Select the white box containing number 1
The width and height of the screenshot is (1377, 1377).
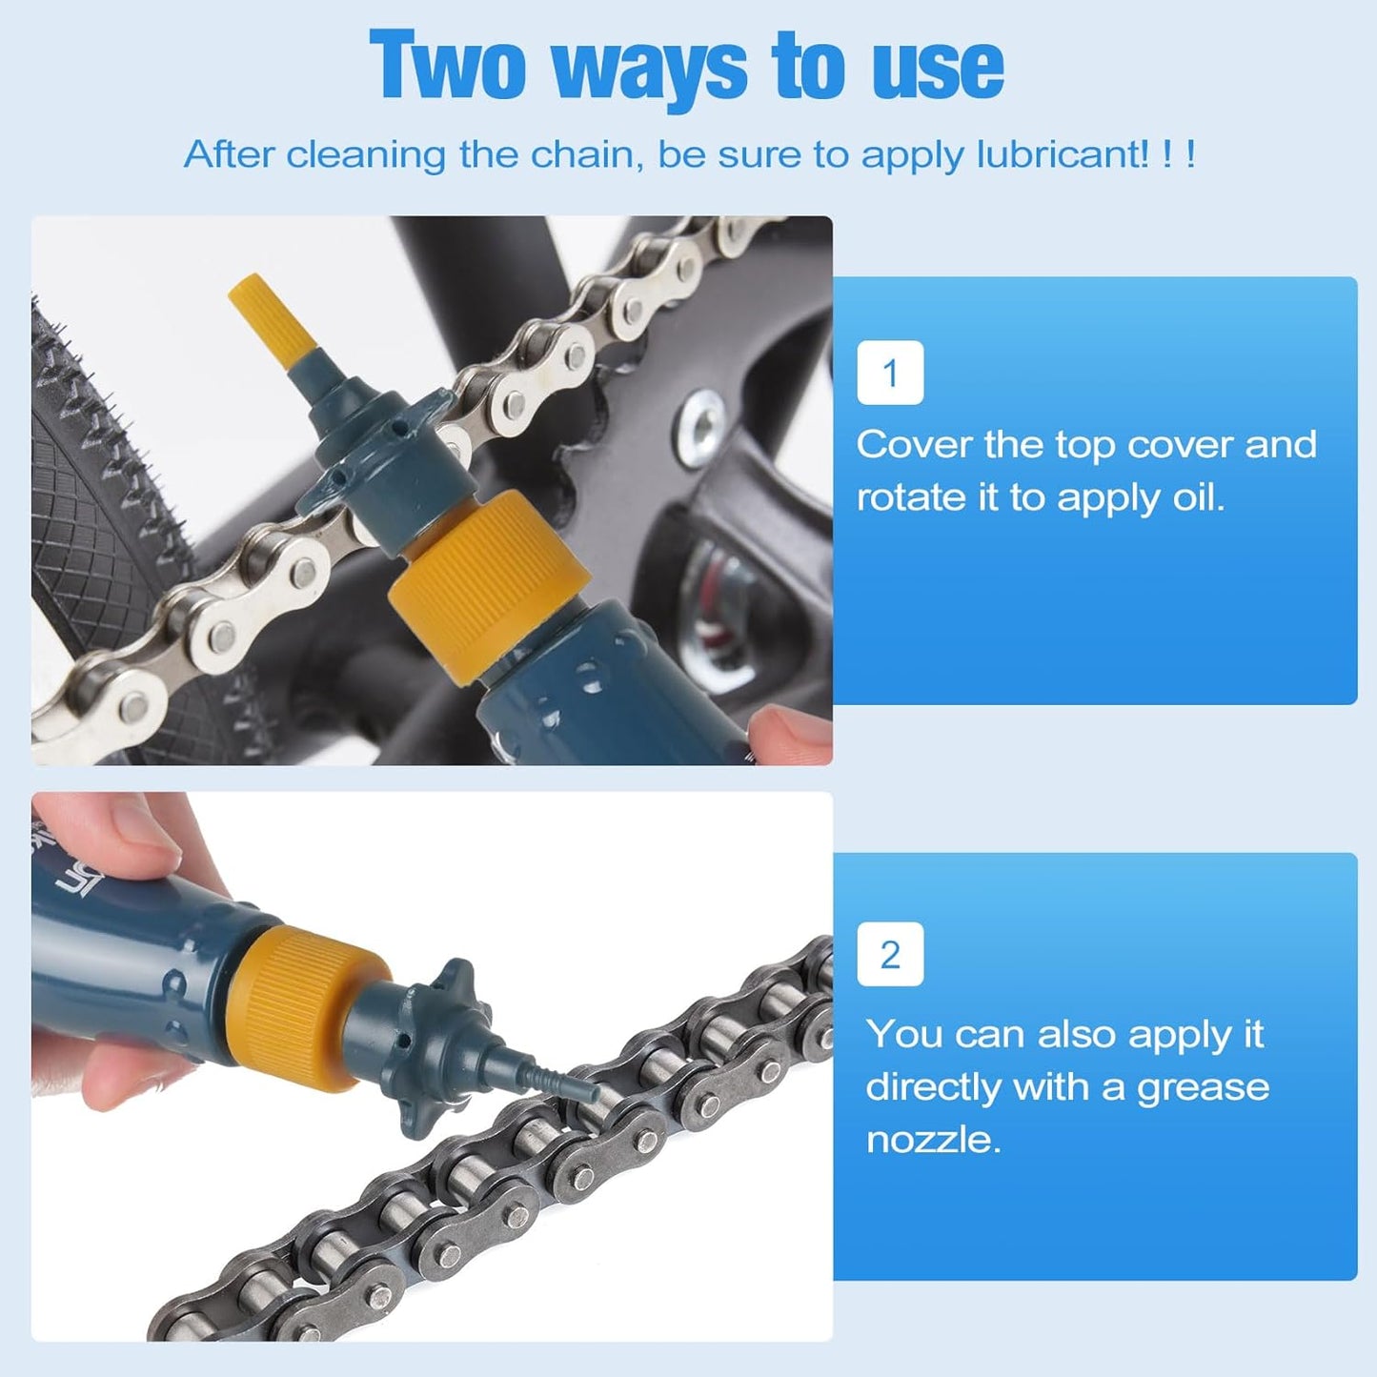click(x=890, y=373)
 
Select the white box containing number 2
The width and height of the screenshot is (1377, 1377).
click(x=890, y=954)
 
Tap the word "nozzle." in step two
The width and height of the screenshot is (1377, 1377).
click(x=933, y=1140)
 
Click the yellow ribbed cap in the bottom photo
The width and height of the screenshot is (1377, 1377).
click(x=305, y=1005)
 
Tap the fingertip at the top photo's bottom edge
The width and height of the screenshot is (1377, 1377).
click(x=786, y=739)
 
